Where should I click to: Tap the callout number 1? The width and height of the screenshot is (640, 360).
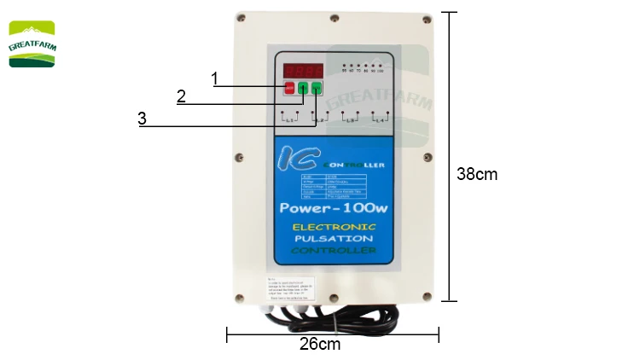[215, 78]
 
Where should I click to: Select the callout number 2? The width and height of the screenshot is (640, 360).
[181, 96]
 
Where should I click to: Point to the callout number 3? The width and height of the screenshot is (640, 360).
[142, 119]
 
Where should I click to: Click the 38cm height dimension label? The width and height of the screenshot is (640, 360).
[476, 174]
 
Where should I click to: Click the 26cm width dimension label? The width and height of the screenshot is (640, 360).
[320, 345]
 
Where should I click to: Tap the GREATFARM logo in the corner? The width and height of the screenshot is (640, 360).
[32, 44]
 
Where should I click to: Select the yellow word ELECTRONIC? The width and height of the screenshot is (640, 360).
[334, 227]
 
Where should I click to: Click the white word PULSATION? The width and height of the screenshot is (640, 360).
[334, 240]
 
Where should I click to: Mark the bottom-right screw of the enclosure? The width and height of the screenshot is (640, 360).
[423, 294]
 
